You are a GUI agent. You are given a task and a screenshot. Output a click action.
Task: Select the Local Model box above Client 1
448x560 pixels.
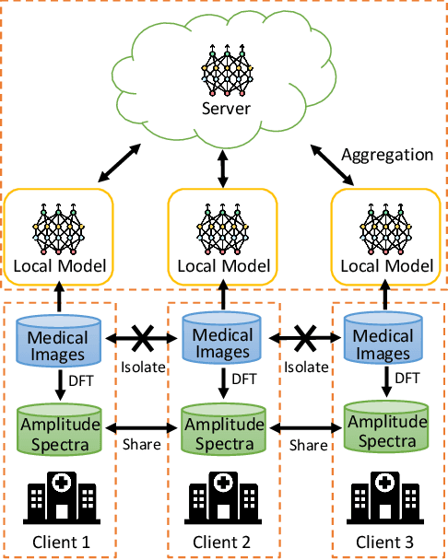tap(59, 236)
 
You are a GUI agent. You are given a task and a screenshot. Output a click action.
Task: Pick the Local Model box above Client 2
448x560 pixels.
tap(222, 236)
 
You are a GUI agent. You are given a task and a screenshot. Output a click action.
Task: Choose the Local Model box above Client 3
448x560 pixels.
tap(383, 236)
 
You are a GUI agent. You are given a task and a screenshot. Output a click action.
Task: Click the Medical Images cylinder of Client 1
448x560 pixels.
tap(60, 338)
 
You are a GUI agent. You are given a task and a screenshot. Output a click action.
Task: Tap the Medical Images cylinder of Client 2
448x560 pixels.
tap(221, 340)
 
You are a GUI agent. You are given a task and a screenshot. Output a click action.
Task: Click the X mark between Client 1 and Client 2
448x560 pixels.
tap(141, 339)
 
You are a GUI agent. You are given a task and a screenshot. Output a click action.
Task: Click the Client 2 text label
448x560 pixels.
tap(221, 542)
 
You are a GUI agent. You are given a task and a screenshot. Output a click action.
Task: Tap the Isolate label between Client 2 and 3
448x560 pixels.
tap(305, 366)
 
